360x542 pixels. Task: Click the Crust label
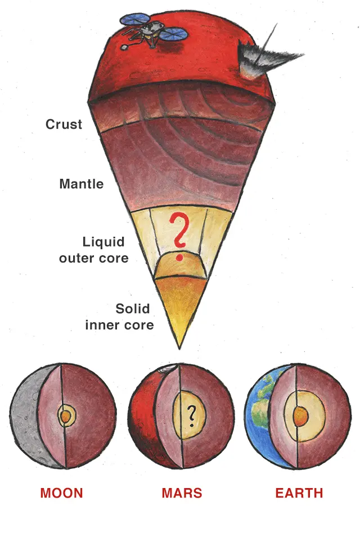[64, 124]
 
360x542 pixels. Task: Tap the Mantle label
[82, 184]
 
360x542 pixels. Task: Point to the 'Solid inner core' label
[119, 317]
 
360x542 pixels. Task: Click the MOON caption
[61, 494]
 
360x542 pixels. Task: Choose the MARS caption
[182, 494]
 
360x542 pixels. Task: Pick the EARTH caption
[299, 494]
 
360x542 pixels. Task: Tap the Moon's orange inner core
[65, 417]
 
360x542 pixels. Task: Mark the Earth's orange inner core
[300, 417]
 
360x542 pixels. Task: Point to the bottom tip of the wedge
[181, 347]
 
